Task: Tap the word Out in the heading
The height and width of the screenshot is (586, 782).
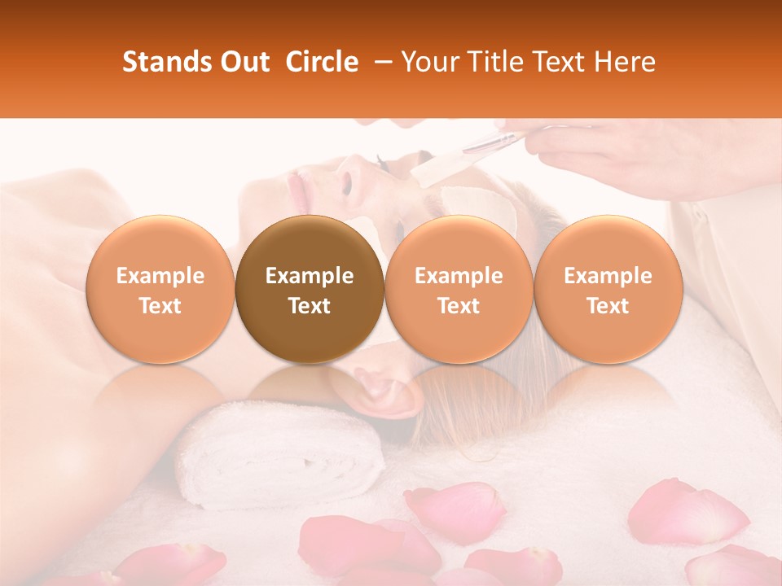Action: point(244,63)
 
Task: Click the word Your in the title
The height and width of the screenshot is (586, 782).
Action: point(429,63)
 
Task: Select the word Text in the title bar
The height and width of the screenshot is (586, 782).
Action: point(558,63)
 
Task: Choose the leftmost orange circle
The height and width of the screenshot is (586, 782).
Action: point(160,290)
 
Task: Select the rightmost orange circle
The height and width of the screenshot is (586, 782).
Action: point(608,290)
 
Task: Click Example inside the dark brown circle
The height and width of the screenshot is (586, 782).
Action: point(309,276)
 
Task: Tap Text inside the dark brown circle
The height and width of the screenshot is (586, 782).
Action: point(309,306)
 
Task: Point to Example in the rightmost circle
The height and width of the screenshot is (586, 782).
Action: point(608,276)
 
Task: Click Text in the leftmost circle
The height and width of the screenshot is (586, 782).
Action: point(160,306)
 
